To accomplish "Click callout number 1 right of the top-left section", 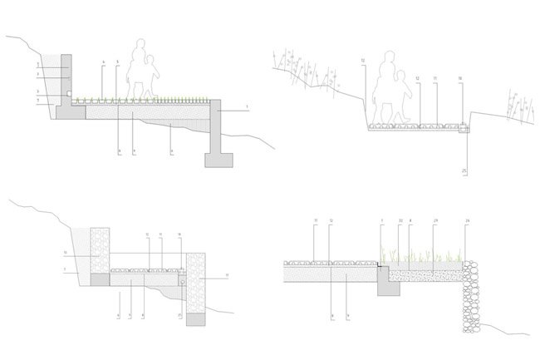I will [247, 109].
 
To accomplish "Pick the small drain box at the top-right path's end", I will [464, 129].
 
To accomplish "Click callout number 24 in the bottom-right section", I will [467, 220].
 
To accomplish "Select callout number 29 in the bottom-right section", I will [434, 220].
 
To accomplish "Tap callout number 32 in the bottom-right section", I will [400, 220].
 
